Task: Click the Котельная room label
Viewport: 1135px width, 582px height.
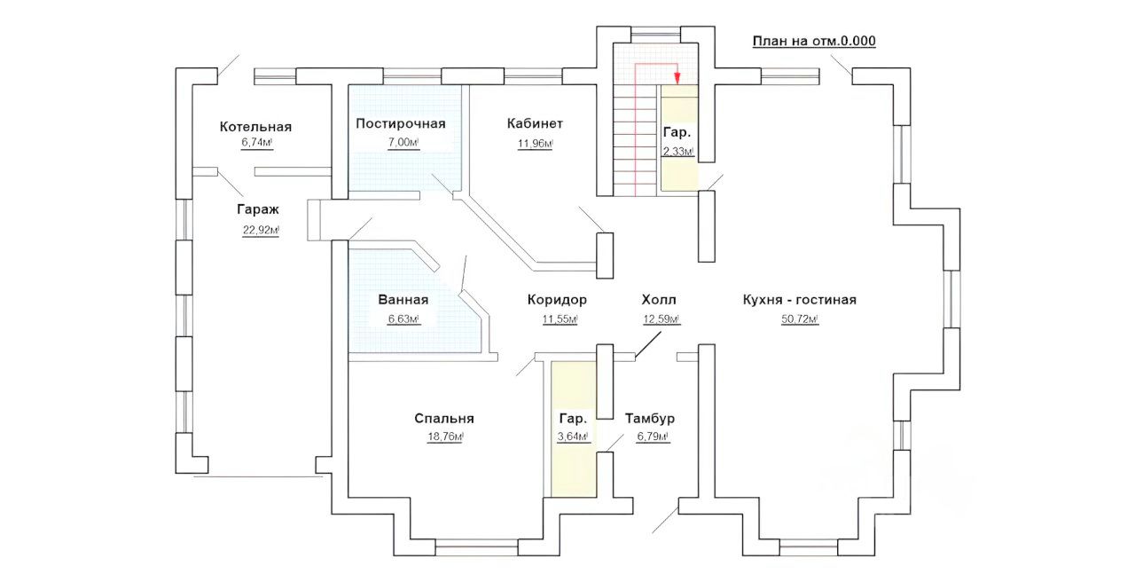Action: point(255,127)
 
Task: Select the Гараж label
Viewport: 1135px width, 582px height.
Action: point(258,210)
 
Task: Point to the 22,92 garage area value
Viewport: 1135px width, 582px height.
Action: point(261,230)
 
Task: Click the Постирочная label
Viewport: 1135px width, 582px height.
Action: point(401,123)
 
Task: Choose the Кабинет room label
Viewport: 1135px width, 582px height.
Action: point(535,123)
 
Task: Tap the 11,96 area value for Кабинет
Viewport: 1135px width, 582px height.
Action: point(536,143)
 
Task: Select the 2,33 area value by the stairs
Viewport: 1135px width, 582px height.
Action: point(678,152)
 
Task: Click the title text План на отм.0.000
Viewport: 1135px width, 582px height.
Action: point(814,41)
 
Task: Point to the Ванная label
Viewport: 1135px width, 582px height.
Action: point(403,300)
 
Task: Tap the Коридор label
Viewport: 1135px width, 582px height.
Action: point(557,300)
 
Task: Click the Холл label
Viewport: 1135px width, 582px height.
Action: point(659,300)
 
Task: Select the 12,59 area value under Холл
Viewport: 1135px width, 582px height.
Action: point(661,319)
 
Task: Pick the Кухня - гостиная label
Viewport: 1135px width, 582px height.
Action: point(800,300)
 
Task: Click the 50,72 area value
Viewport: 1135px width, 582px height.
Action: point(799,319)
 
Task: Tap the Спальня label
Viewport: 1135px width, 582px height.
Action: point(444,418)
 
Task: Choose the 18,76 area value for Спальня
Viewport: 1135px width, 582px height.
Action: point(445,437)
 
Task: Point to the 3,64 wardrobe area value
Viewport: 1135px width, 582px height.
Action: point(573,437)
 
